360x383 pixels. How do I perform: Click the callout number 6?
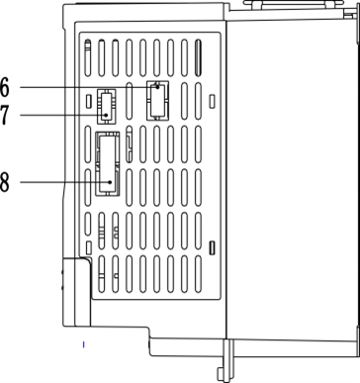[x=5, y=87]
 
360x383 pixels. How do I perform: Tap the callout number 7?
[x=4, y=115]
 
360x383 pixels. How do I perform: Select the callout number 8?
[x=5, y=182]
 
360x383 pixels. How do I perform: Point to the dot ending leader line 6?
[x=158, y=87]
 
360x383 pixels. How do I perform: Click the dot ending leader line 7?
[x=106, y=115]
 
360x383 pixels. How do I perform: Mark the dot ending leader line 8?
[x=111, y=182]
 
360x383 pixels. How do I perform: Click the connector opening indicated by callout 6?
[x=157, y=101]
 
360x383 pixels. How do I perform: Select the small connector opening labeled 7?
[x=106, y=106]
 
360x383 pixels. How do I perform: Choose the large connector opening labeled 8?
[x=108, y=164]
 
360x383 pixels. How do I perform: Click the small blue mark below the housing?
[x=84, y=344]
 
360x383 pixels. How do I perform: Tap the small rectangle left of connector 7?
[x=88, y=101]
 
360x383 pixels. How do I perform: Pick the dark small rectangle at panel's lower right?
[x=213, y=247]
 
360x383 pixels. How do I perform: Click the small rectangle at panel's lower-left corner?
[x=88, y=247]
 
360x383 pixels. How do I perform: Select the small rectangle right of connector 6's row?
[x=213, y=101]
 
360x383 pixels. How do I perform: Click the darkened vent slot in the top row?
[x=198, y=58]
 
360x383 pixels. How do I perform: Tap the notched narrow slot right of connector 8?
[x=130, y=144]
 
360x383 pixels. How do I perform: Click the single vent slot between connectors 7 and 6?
[x=130, y=101]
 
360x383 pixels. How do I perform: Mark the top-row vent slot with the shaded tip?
[x=88, y=58]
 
